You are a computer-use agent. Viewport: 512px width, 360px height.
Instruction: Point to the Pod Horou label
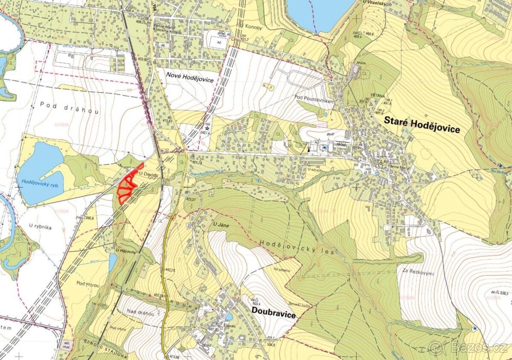point(87,284)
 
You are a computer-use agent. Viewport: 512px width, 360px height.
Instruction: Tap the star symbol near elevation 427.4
point(207,128)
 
